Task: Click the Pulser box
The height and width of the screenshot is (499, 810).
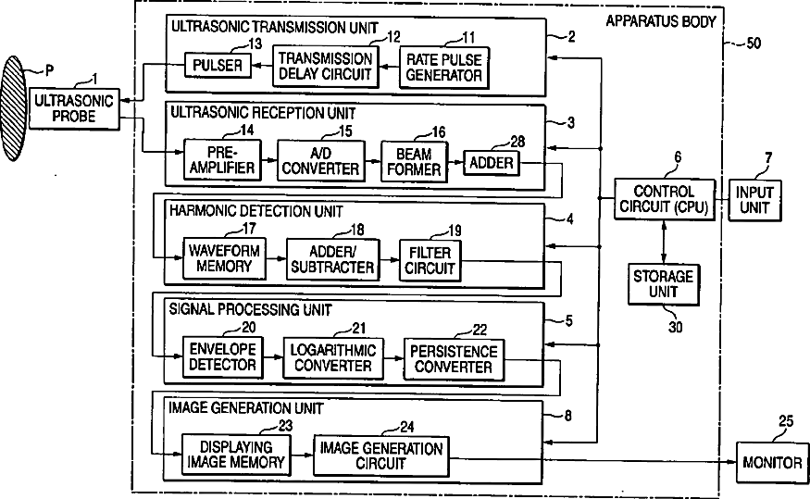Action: click(219, 65)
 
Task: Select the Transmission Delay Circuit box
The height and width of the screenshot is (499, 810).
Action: click(326, 66)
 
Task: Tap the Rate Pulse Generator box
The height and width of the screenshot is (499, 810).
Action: click(444, 66)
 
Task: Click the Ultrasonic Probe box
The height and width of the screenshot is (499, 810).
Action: click(73, 109)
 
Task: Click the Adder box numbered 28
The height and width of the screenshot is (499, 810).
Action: click(492, 163)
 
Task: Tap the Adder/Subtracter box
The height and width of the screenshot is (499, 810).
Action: click(330, 259)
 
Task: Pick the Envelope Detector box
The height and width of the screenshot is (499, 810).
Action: click(222, 357)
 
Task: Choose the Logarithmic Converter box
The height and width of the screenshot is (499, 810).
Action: click(332, 357)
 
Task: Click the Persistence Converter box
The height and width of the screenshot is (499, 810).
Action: click(454, 358)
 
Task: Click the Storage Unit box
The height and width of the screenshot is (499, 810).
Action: click(664, 283)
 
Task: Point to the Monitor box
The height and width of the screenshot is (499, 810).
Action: click(773, 462)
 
